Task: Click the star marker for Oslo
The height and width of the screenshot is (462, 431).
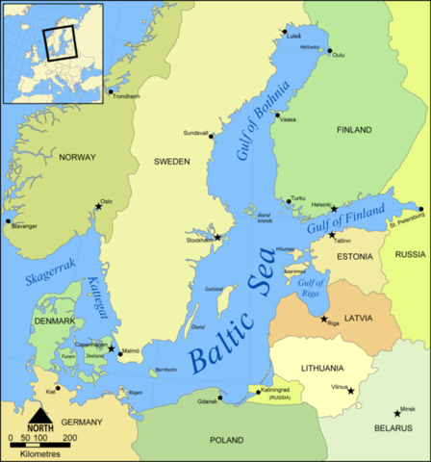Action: point(98,205)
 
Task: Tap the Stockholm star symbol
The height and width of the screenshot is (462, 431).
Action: point(217,237)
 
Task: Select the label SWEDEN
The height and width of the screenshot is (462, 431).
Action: point(172,162)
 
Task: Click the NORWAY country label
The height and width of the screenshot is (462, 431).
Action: point(78,157)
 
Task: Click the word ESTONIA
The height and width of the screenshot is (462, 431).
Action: point(354,257)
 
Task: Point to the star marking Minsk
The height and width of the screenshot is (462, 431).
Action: point(397,413)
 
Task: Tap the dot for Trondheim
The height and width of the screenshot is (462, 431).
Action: point(111,92)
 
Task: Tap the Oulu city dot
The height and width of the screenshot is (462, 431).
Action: point(329,51)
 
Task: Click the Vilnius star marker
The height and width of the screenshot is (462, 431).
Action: point(351,391)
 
